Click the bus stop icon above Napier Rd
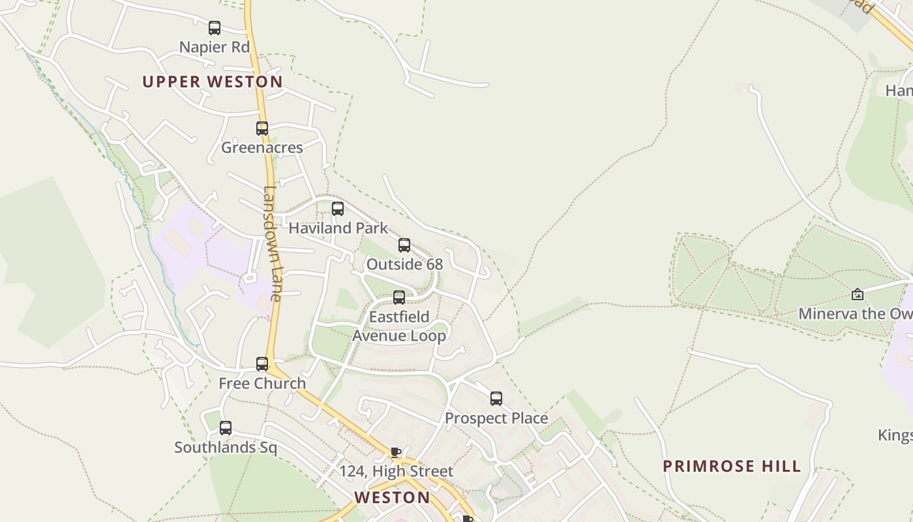[x=214, y=28]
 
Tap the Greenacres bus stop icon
[x=262, y=129]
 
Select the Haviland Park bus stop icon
[x=338, y=209]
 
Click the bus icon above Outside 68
[x=404, y=245]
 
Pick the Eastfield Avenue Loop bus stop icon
[x=399, y=298]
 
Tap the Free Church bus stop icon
[x=262, y=364]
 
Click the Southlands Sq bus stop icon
[x=226, y=428]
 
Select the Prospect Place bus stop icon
[x=496, y=399]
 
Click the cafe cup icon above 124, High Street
[x=395, y=452]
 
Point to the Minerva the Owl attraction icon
[x=858, y=295]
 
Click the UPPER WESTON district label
[x=213, y=82]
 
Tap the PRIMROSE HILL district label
[x=732, y=466]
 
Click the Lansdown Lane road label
[x=272, y=244]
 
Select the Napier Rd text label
[x=214, y=47]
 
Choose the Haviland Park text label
[x=338, y=228]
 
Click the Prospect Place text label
[x=496, y=418]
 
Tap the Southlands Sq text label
[x=226, y=448]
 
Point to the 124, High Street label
[x=396, y=471]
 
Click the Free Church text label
[x=262, y=383]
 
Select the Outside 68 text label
[x=404, y=264]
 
